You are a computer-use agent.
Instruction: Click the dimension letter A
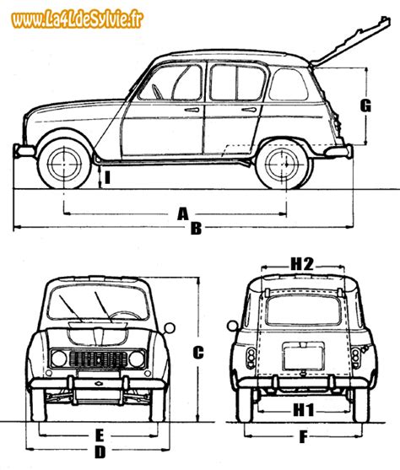click(182, 214)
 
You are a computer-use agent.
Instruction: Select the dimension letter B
click(196, 228)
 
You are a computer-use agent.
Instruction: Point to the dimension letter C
click(197, 354)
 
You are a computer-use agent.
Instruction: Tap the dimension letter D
click(100, 452)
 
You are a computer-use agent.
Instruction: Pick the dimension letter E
click(100, 435)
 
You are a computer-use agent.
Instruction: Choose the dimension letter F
click(302, 437)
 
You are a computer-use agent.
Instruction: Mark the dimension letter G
click(365, 105)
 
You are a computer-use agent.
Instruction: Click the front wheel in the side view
click(64, 164)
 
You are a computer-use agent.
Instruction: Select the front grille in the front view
click(98, 358)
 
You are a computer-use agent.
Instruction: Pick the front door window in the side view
click(173, 84)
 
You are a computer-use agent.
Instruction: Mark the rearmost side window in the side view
click(288, 84)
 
